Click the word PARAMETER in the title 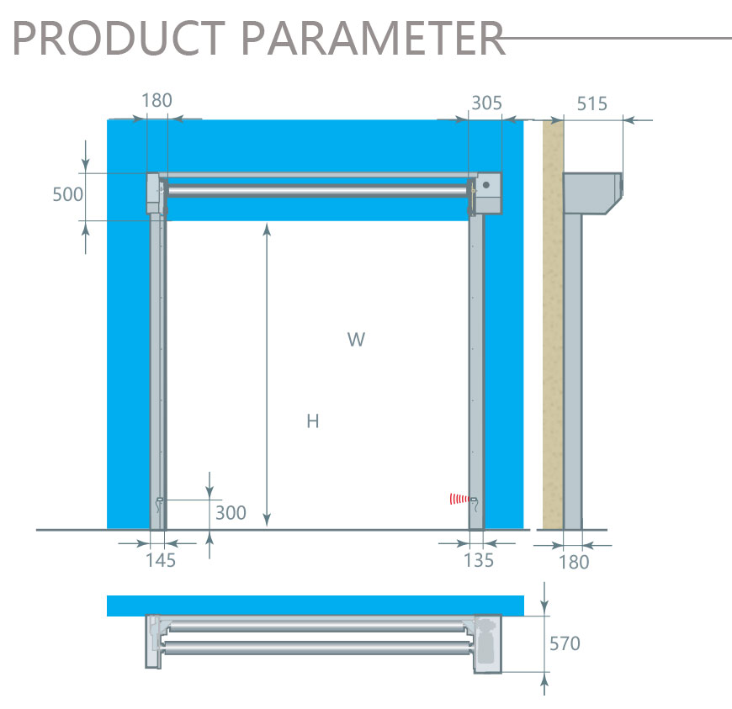click(x=373, y=38)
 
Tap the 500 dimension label click(x=67, y=194)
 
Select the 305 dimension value click(x=486, y=103)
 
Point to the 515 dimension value click(x=592, y=103)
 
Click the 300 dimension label click(x=231, y=513)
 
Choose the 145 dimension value click(x=161, y=560)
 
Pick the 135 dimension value click(x=479, y=560)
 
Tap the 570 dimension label click(x=565, y=643)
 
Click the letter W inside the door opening click(x=356, y=339)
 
